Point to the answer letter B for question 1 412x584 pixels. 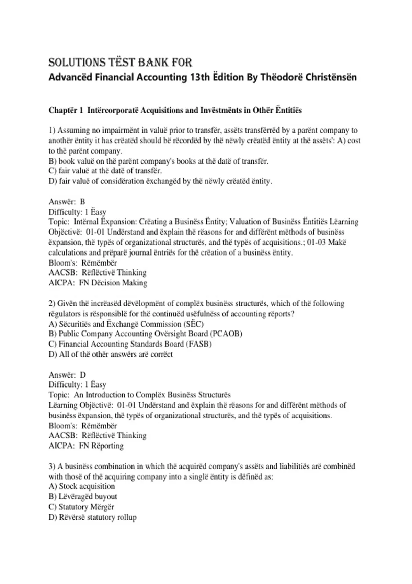tap(82, 202)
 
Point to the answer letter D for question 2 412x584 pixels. tap(83, 375)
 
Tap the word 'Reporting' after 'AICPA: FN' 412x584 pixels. tap(107, 446)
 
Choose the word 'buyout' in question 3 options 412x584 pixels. tap(107, 497)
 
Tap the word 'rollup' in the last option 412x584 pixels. tap(127, 517)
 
